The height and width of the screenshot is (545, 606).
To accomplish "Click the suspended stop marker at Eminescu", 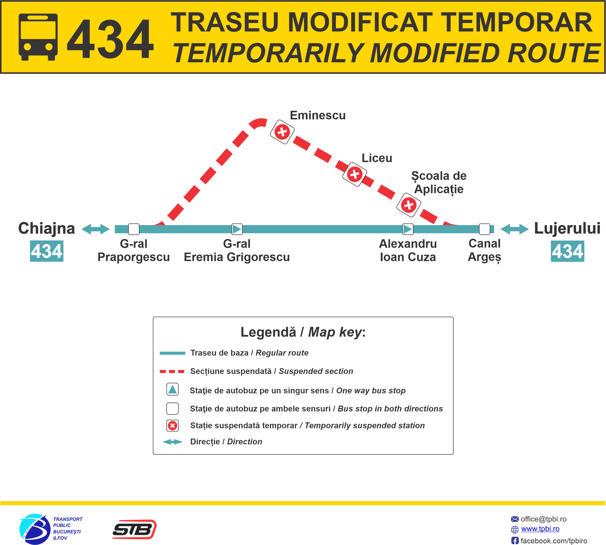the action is point(282,132).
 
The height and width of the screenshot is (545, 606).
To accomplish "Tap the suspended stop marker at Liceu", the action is point(355,174).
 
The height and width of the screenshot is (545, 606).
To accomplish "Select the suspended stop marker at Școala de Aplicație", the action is point(409,205).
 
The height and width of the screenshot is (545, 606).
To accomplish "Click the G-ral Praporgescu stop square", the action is point(134,229).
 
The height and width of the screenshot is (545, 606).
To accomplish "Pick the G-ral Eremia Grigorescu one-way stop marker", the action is point(237,229).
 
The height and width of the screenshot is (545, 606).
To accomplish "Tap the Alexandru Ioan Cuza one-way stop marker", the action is point(408,229).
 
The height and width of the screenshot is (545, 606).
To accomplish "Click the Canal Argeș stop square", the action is point(484,229).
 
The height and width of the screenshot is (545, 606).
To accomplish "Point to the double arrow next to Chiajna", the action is point(96,229).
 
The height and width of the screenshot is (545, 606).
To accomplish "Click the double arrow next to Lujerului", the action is point(514,229).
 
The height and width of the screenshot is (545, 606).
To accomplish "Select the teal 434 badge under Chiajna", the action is point(47,251).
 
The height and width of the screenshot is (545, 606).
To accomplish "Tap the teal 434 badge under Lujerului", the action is point(567,251).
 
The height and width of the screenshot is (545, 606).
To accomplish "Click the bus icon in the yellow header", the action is point(38,37).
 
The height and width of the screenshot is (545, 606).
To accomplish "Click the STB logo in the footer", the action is point(135,529).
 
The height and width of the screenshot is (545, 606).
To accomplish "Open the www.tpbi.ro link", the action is point(540,529).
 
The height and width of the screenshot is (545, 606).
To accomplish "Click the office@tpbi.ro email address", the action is point(543,519).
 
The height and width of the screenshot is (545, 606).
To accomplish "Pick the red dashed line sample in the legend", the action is point(172,371).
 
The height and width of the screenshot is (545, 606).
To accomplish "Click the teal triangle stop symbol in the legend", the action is point(172,389).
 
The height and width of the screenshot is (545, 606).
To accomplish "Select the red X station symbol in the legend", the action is point(172,426).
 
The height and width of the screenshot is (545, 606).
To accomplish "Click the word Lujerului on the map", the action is point(567,228).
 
